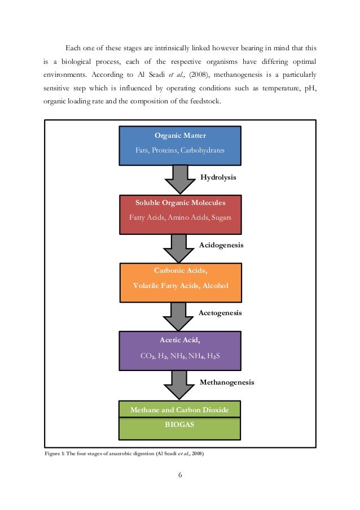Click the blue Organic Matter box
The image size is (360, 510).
[180, 145]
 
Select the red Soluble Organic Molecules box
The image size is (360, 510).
[180, 214]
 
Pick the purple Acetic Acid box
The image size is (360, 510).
[180, 351]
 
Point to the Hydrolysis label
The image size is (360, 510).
[218, 177]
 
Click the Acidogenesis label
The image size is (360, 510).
[221, 245]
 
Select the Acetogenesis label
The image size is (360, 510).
[221, 313]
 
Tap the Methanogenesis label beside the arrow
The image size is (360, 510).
[227, 382]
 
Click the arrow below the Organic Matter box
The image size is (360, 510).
[179, 178]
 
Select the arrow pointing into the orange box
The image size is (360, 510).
[179, 247]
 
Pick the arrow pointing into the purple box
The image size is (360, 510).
[179, 315]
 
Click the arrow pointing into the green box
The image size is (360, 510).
[179, 384]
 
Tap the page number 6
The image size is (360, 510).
[180, 474]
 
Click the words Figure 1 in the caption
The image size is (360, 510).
[54, 454]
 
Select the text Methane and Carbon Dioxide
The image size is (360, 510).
[179, 410]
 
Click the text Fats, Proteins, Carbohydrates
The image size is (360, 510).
[180, 151]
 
